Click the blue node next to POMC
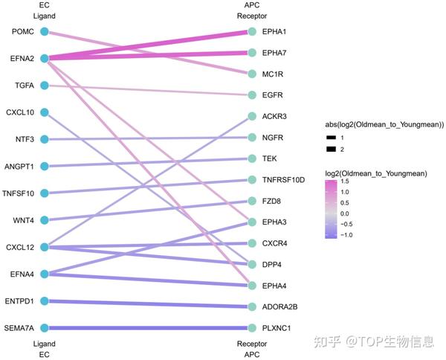45,31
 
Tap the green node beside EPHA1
252,32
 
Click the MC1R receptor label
273,74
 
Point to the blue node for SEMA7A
45,328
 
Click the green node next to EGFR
252,95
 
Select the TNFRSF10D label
284,180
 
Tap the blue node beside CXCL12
45,247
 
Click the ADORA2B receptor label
279,306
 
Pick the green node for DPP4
252,264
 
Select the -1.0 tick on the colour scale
358,235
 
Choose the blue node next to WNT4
45,220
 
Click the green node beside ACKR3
252,117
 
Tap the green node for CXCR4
252,243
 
